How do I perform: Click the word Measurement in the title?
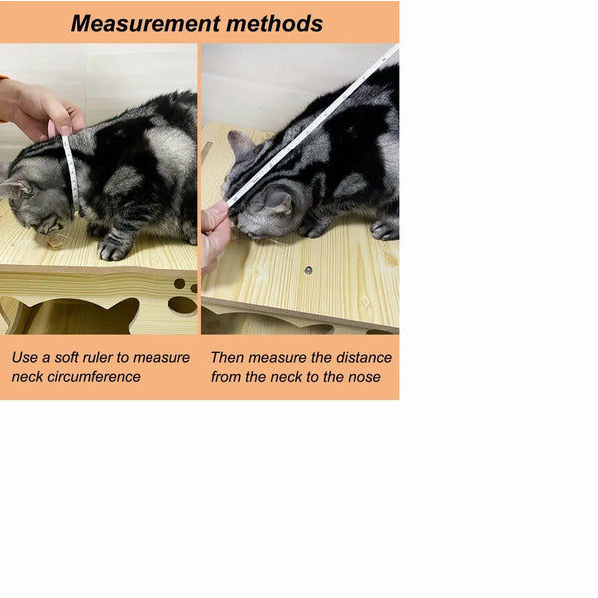click(x=146, y=24)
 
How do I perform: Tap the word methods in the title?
click(x=274, y=24)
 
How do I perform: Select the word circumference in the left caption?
click(x=94, y=377)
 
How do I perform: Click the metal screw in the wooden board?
click(x=308, y=270)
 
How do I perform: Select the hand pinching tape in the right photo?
click(x=215, y=236)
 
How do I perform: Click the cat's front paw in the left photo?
click(x=114, y=249)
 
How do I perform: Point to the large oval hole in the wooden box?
click(x=182, y=305)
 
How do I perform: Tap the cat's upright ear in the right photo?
click(x=240, y=144)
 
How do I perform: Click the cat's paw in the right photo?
click(x=385, y=230)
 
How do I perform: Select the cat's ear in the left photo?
click(x=15, y=187)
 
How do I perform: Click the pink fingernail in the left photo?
click(x=52, y=128)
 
